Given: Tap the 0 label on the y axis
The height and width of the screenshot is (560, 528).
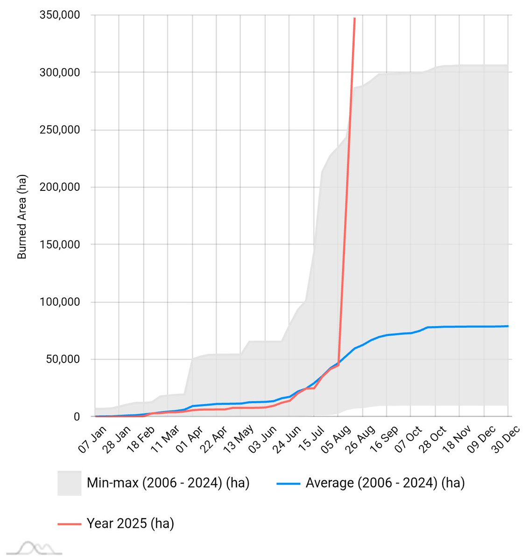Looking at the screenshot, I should (x=77, y=417).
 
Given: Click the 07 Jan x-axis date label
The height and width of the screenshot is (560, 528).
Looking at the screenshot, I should (x=92, y=440).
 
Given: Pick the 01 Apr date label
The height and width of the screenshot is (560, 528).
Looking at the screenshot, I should (x=190, y=440).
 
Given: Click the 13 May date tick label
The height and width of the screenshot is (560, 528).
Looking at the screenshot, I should (x=238, y=440).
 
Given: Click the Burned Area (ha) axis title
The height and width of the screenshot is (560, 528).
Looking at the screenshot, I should (x=22, y=217).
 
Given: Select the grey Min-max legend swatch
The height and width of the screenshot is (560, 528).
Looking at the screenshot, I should (x=69, y=483).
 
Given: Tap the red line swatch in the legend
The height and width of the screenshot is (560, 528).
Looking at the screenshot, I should (x=69, y=524).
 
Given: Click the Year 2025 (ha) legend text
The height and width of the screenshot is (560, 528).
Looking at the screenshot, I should (x=130, y=524).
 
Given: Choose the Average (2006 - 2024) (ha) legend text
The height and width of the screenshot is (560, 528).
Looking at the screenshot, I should (x=385, y=483).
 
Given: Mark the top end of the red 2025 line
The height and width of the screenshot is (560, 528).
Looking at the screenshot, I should (x=355, y=19).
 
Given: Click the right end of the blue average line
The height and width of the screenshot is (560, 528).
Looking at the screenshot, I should (x=508, y=326).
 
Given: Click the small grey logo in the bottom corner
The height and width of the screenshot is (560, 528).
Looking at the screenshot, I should (x=35, y=548).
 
